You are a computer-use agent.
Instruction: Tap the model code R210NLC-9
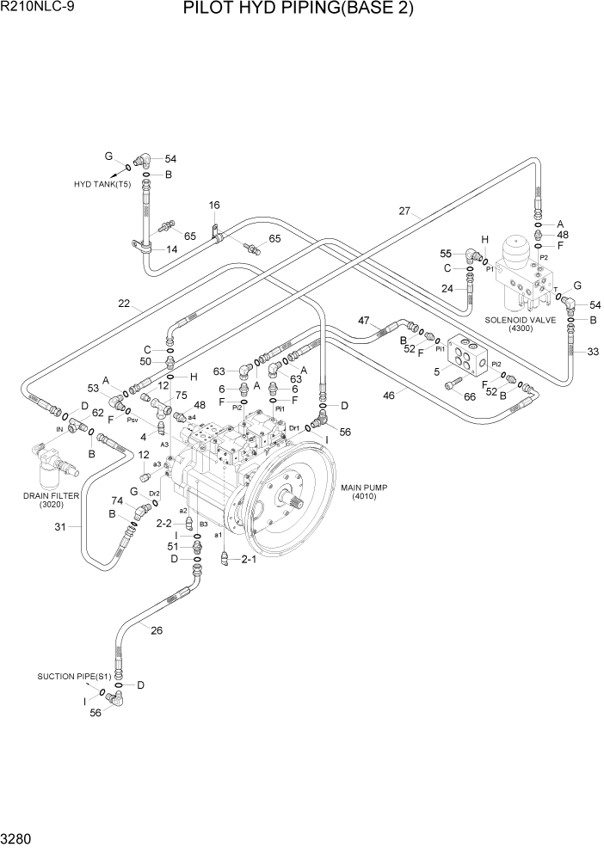(36, 9)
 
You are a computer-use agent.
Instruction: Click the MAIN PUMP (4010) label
(364, 492)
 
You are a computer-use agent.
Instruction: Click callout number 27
(406, 211)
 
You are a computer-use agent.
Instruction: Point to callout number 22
(125, 302)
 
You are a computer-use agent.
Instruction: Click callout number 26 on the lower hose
(156, 630)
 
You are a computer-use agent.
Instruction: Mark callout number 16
(214, 205)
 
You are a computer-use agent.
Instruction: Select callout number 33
(592, 351)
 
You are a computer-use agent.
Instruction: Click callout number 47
(364, 321)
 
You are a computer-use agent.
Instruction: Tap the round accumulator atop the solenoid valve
(522, 249)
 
